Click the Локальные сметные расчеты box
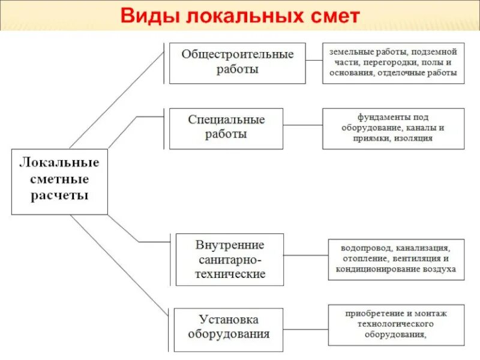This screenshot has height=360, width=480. coord(59,181)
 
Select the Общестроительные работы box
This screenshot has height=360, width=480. coord(237,62)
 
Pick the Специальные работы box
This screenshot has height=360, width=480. coord(226,128)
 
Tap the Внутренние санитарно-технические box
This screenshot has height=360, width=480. coord(230,259)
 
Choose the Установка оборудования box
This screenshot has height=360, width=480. coord(228,329)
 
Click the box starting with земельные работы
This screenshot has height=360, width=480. coord(393,62)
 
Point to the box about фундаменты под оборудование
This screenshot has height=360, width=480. coord(393,128)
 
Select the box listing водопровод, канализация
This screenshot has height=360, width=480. coord(396,259)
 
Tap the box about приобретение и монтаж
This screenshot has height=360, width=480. coord(396,325)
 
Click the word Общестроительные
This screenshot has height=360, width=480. coord(238,55)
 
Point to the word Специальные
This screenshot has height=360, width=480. coord(226,119)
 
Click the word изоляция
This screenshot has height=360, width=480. coord(414,138)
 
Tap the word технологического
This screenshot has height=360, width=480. coord(396,325)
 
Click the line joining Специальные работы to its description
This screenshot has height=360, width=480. coord(302,126)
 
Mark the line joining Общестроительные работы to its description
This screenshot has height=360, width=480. coord(314,61)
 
